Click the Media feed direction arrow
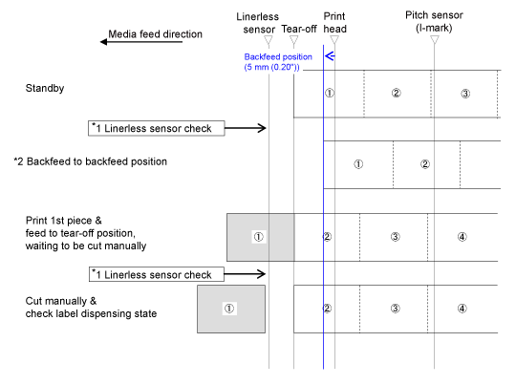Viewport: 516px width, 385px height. point(141,42)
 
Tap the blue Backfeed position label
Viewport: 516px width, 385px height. point(278,62)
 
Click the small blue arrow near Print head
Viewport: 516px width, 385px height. point(330,56)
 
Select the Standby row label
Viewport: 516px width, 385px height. point(45,88)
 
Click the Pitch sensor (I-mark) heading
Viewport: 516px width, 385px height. point(434,21)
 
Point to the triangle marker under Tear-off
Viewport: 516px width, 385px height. point(294,40)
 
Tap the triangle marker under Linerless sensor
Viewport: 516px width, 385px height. point(269,40)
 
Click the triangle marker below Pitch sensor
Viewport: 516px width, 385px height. point(435,40)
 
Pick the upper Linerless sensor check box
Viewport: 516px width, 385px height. point(157,128)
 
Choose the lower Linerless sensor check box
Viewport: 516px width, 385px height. point(157,274)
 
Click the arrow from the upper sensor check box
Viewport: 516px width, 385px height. point(246,128)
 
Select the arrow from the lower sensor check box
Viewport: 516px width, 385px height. point(245,274)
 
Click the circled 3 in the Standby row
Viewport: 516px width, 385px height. point(465,94)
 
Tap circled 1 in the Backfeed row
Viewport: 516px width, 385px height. point(358,164)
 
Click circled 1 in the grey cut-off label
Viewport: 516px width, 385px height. point(229,309)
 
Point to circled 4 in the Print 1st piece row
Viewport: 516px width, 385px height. point(462,237)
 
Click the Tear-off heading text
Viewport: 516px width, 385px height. point(299,29)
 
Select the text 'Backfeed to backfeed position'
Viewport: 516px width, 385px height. point(97,161)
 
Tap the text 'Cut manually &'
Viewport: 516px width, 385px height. point(61,301)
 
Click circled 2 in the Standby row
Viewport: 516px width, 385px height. point(397,93)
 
